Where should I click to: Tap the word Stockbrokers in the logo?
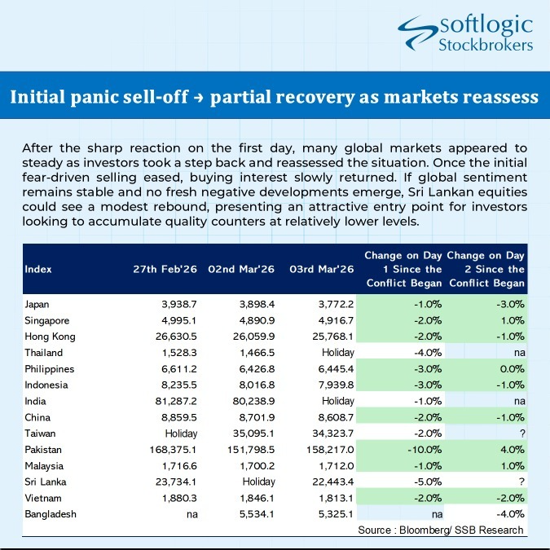point(486,46)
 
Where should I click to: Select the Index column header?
point(38,269)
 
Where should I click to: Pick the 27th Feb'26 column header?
point(162,269)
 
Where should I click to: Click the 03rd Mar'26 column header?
point(322,269)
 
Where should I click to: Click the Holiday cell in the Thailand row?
point(337,352)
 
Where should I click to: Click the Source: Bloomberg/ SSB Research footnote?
point(440,530)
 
